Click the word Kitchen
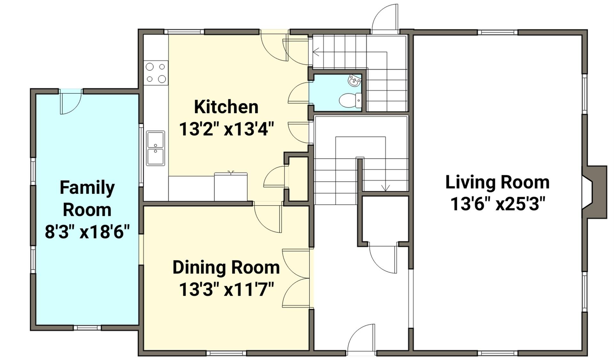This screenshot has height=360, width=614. click(226, 107)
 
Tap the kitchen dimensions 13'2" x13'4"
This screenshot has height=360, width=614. click(226, 129)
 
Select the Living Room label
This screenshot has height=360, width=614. click(497, 182)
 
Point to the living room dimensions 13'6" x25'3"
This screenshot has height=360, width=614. click(497, 204)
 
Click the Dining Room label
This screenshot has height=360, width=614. click(226, 267)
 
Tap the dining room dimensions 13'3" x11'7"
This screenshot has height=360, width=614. click(226, 289)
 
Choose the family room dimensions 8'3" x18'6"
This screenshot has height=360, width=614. click(87, 231)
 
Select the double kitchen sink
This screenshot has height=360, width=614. click(155, 148)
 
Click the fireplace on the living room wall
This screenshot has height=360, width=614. click(594, 192)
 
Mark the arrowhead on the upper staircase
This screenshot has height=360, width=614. click(316, 52)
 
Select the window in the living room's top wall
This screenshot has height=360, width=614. click(498, 32)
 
